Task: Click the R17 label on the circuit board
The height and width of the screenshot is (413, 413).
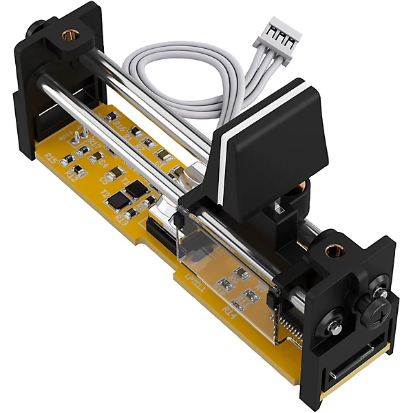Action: (x=96, y=145)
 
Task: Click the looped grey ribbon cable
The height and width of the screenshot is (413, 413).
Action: (x=179, y=76)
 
